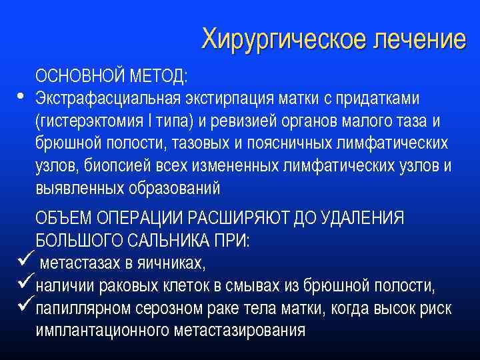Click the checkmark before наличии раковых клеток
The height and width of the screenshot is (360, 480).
coord(25,286)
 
